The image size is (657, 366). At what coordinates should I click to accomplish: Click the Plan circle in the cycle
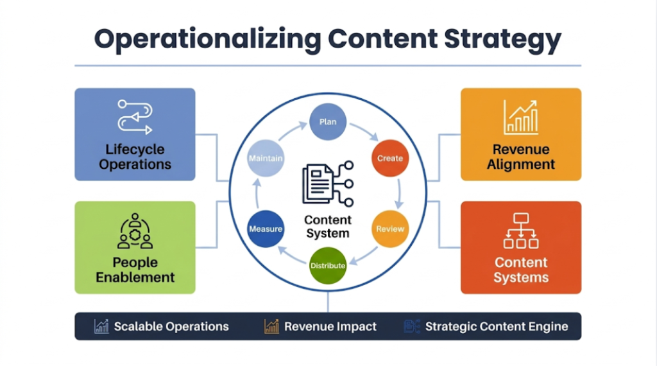pyautogui.click(x=328, y=122)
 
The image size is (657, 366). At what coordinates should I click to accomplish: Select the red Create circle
pyautogui.click(x=390, y=158)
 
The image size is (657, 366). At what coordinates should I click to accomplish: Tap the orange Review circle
pyautogui.click(x=390, y=229)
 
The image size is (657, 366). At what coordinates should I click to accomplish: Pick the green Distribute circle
pyautogui.click(x=328, y=265)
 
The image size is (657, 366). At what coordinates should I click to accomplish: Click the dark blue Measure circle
pyautogui.click(x=266, y=229)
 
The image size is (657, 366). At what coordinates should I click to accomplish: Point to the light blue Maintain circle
pyautogui.click(x=266, y=158)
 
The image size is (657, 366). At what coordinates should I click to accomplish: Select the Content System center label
pyautogui.click(x=327, y=227)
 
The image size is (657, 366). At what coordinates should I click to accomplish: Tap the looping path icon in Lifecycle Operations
pyautogui.click(x=135, y=116)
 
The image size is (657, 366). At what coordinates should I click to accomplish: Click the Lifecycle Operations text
pyautogui.click(x=135, y=157)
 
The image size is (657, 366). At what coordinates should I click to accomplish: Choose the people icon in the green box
pyautogui.click(x=135, y=231)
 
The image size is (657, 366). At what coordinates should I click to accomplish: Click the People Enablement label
pyautogui.click(x=135, y=270)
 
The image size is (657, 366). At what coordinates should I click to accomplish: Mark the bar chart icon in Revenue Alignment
pyautogui.click(x=520, y=117)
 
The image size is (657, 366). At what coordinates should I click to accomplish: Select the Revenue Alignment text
pyautogui.click(x=520, y=157)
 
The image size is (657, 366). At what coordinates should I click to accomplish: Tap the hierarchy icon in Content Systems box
pyautogui.click(x=520, y=231)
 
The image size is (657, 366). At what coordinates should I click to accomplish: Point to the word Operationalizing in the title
pyautogui.click(x=205, y=40)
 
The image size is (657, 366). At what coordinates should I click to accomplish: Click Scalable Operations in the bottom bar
pyautogui.click(x=171, y=326)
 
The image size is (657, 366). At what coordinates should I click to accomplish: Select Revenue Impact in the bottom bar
pyautogui.click(x=330, y=326)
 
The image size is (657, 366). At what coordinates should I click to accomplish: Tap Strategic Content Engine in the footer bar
pyautogui.click(x=496, y=326)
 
